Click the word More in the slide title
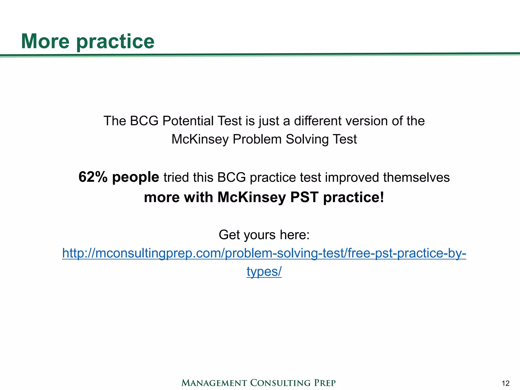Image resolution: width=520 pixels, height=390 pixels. (x=45, y=41)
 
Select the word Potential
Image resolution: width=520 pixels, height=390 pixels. (x=188, y=121)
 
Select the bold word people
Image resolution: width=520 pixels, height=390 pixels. (x=136, y=177)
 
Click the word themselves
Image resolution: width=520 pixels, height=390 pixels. (x=416, y=177)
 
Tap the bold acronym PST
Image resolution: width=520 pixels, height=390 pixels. (x=304, y=197)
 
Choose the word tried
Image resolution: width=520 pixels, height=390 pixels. (x=176, y=177)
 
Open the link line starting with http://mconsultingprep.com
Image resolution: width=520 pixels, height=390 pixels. (x=264, y=253)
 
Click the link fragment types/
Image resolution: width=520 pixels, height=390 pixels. (x=264, y=271)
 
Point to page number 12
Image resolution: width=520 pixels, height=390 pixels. (x=505, y=383)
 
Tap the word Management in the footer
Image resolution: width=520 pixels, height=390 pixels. (x=214, y=383)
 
